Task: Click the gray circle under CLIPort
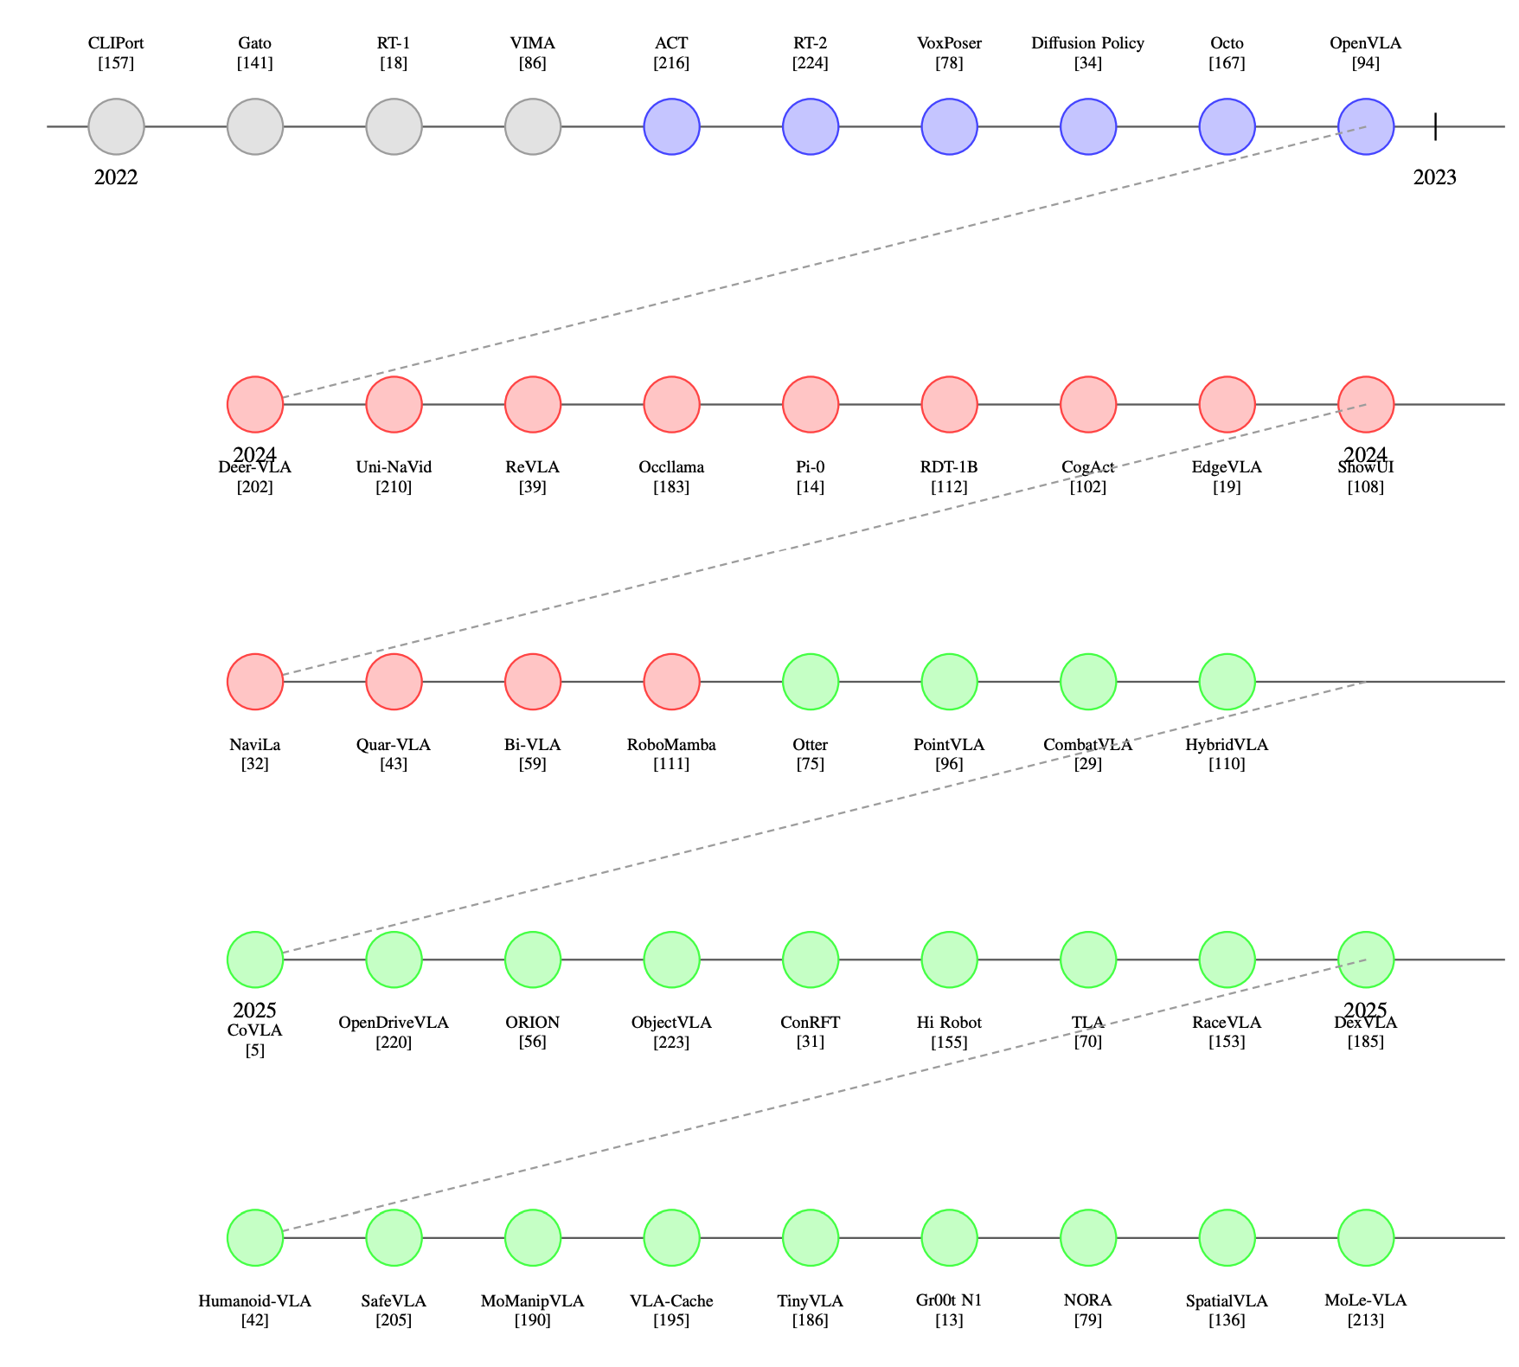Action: coord(116,127)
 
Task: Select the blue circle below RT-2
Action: coord(811,127)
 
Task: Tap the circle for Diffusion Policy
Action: coord(1088,127)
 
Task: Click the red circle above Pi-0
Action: coord(811,404)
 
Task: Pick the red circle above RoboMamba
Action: coord(671,682)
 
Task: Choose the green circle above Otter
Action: coord(811,682)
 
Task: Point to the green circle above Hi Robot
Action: coord(949,959)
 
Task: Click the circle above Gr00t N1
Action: coord(949,1237)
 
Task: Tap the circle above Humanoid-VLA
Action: coord(255,1237)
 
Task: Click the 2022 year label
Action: coord(116,177)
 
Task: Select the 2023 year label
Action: coord(1434,177)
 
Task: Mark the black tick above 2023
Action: coord(1435,127)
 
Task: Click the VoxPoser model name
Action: coord(949,43)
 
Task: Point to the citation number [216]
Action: coord(671,62)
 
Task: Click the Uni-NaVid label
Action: coord(394,467)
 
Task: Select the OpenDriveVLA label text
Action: coord(394,1023)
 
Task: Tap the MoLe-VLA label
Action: coord(1365,1300)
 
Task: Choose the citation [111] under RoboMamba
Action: coord(671,764)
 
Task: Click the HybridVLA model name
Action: coord(1227,745)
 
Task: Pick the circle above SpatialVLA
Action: coord(1227,1237)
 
